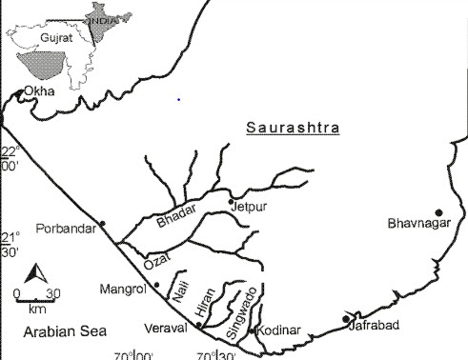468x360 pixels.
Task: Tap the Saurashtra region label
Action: point(293,128)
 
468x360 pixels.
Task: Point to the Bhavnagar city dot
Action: point(438,212)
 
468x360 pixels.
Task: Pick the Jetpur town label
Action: point(247,205)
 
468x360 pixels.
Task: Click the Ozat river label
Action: point(154,258)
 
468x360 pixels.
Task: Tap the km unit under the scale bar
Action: point(36,309)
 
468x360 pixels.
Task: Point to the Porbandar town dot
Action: point(102,224)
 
